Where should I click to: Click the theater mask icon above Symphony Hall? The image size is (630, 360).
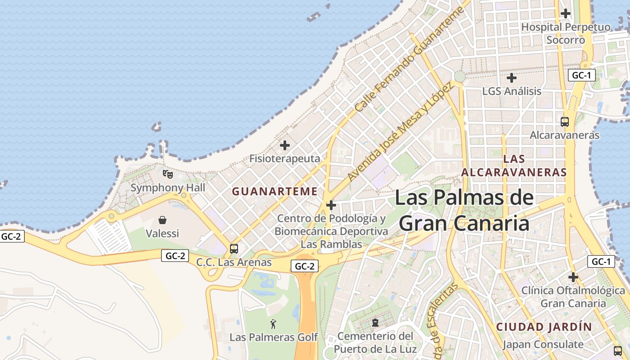[167, 174]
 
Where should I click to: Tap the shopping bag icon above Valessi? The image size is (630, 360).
[162, 220]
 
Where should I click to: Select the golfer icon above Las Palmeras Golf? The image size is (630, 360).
[273, 324]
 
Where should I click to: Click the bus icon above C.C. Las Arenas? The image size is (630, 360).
[234, 248]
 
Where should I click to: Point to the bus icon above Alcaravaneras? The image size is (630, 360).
[564, 121]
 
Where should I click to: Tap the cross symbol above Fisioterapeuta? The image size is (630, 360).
[284, 145]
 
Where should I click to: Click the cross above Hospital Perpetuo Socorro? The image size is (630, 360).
[566, 13]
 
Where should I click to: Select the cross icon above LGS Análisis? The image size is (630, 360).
[511, 78]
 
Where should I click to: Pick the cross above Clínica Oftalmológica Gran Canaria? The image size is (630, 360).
[573, 277]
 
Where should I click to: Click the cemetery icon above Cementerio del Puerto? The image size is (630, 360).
[375, 323]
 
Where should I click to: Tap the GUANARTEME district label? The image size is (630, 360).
[275, 191]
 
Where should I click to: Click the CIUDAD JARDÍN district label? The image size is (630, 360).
[544, 327]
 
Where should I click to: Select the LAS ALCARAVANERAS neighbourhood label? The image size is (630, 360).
[514, 166]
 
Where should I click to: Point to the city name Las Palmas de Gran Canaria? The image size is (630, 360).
[464, 211]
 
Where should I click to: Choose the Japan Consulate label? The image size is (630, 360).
[542, 345]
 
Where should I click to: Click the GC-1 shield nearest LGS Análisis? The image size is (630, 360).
[581, 75]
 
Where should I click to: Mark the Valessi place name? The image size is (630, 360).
[162, 234]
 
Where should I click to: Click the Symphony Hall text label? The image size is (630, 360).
[167, 188]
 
